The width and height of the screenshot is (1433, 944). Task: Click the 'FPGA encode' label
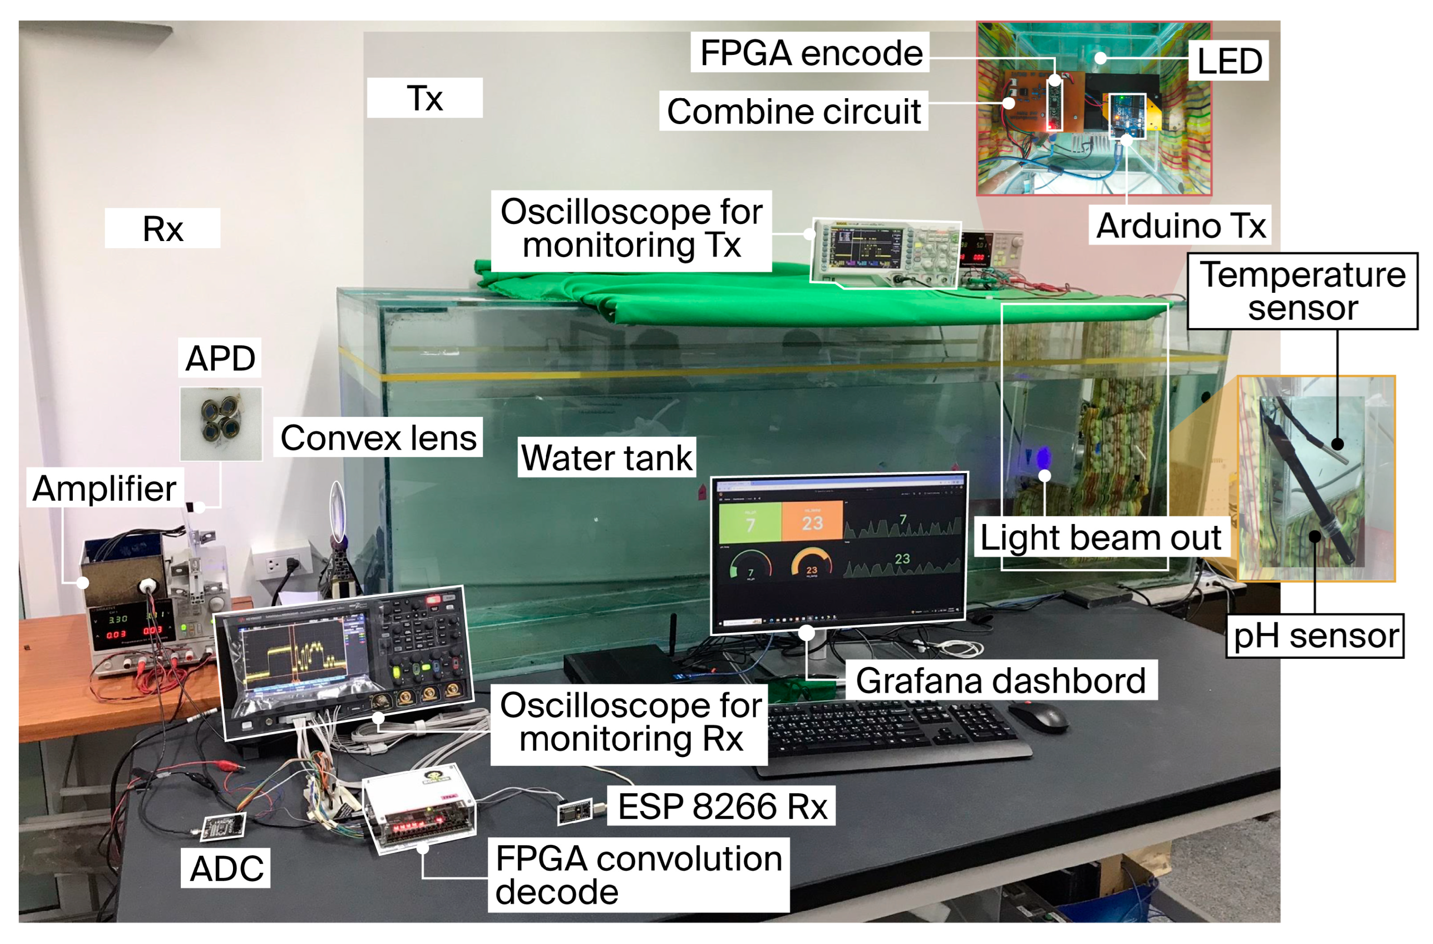click(810, 53)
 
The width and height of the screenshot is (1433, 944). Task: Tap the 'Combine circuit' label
click(794, 111)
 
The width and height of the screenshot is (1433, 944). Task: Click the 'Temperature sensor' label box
click(1302, 291)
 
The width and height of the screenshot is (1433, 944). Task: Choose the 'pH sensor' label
click(1315, 636)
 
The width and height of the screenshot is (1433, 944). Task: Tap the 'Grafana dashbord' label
click(1001, 680)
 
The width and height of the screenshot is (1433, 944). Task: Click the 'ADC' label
click(226, 868)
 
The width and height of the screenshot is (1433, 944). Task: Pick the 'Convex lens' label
click(378, 437)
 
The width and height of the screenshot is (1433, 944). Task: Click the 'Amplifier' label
click(104, 488)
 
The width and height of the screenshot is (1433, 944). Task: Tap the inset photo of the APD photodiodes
click(221, 424)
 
